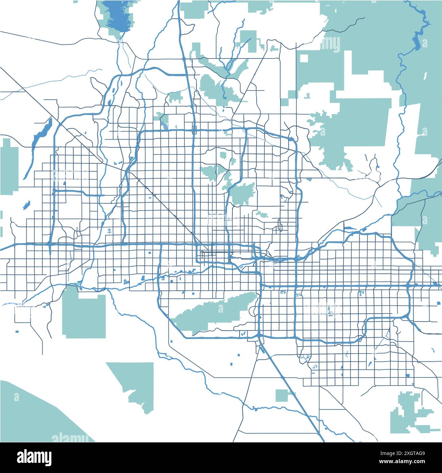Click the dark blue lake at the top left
pos(117,17)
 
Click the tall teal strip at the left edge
pos(9,167)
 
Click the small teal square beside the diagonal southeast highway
pos(281,395)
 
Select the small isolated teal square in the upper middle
pos(248,41)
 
